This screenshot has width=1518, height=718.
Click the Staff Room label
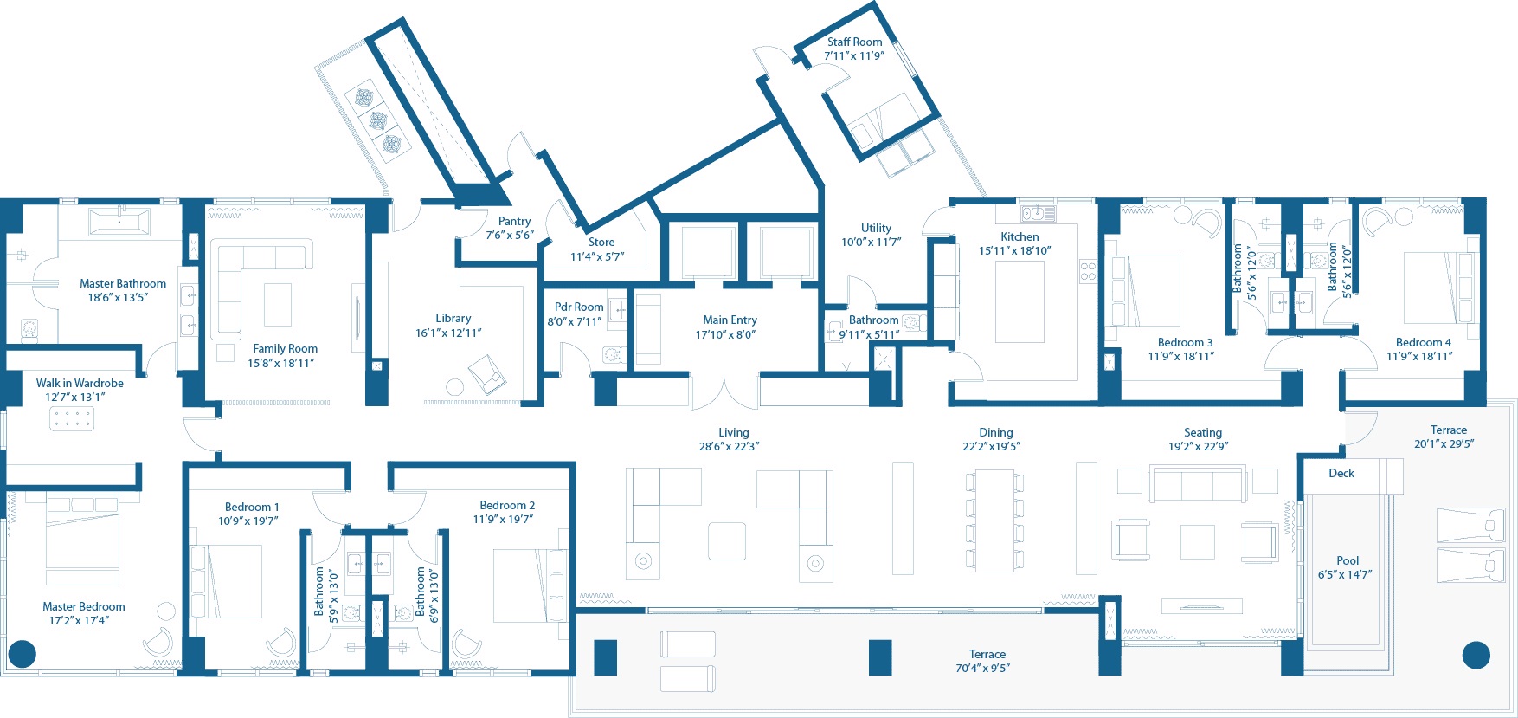point(854,42)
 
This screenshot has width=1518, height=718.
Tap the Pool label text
point(1348,560)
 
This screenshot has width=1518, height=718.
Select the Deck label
point(1341,473)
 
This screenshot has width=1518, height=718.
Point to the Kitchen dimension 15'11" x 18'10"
point(1015,250)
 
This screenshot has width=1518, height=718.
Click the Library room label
point(453,318)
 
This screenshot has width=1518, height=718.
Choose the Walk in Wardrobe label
point(80,383)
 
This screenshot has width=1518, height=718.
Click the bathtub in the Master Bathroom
point(119,222)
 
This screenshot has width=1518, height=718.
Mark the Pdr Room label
point(579,307)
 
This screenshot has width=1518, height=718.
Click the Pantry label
point(514,222)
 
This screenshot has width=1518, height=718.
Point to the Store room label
point(601,242)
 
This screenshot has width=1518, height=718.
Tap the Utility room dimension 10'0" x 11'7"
point(872,242)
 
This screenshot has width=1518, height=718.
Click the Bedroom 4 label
point(1424,342)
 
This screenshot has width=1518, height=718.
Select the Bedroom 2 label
point(507,505)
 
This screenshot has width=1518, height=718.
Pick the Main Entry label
point(730,320)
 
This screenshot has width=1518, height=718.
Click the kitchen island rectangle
point(1020,301)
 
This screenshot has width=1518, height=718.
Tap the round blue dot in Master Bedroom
point(22,654)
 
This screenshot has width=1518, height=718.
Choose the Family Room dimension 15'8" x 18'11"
point(281,363)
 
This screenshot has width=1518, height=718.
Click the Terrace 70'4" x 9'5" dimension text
point(983,668)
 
